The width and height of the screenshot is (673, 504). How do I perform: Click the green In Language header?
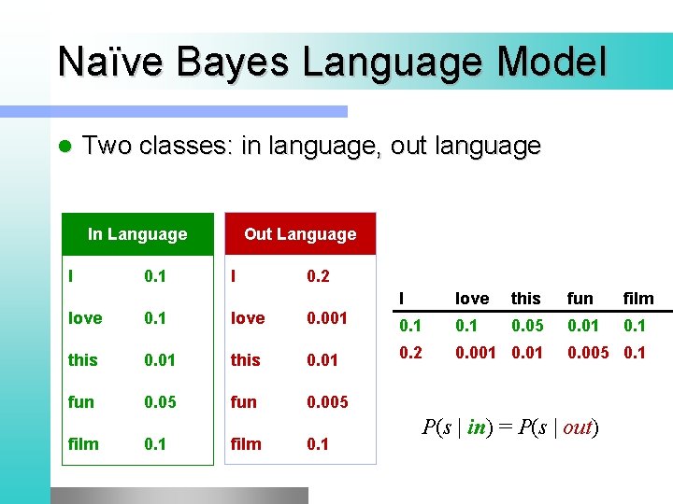coord(136,234)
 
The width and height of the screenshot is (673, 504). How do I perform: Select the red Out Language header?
coord(300,234)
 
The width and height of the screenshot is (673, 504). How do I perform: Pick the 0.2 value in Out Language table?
coord(318,276)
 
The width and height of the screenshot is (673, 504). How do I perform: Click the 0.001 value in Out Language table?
coord(327,318)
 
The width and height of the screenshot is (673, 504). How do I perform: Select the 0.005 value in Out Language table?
coord(327,402)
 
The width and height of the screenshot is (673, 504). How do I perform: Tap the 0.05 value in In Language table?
coord(159,402)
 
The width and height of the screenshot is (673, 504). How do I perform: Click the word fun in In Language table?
coord(81,402)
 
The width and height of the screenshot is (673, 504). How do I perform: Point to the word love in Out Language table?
coord(248,318)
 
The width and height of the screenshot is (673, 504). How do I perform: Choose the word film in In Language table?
coord(83,444)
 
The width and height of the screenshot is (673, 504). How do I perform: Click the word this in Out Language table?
coord(246,360)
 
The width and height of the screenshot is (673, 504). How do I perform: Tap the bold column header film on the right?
coord(638,299)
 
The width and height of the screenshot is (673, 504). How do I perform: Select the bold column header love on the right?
coord(471,299)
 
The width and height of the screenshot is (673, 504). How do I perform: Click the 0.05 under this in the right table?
coord(527,326)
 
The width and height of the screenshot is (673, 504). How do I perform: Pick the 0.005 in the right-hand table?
coord(587,353)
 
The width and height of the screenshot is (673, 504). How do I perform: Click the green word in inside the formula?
coord(477,427)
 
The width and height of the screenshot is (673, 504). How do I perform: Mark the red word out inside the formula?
coord(578,427)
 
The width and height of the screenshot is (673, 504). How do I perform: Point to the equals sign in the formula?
coord(505,427)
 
